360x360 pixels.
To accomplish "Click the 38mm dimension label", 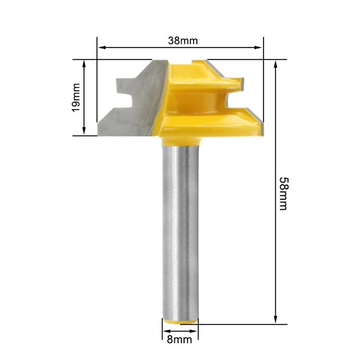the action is [x=183, y=41].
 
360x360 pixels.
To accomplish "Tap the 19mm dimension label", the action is [x=76, y=97].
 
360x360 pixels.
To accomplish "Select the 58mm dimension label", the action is [x=283, y=194].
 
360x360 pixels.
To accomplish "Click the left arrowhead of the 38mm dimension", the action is [x=102, y=48].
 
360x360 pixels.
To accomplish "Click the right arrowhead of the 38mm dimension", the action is [x=258, y=48].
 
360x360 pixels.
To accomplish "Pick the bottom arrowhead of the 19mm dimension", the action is [x=84, y=131].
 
